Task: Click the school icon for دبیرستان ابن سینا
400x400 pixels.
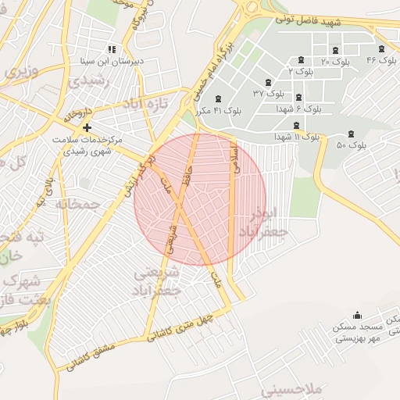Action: (113, 48)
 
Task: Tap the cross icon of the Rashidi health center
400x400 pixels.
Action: (87, 127)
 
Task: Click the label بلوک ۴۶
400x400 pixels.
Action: (381, 60)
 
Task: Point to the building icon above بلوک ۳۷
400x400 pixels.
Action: (268, 82)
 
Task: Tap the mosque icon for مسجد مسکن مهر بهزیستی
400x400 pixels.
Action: (358, 315)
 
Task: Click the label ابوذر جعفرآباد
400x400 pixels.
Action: (269, 223)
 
